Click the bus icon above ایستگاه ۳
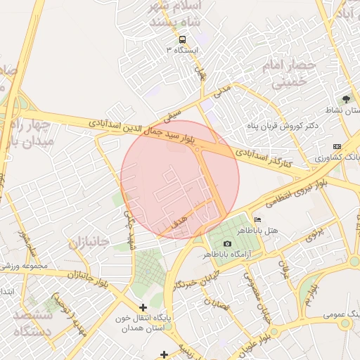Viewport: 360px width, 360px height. pos(183,39)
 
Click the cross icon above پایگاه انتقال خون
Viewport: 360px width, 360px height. pos(143,307)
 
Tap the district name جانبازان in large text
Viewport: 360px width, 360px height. pos(90,243)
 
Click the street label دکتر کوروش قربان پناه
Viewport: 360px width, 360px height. pos(274,126)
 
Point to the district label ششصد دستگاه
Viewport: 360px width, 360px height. pos(33,323)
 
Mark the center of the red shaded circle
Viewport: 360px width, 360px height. pos(180,179)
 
